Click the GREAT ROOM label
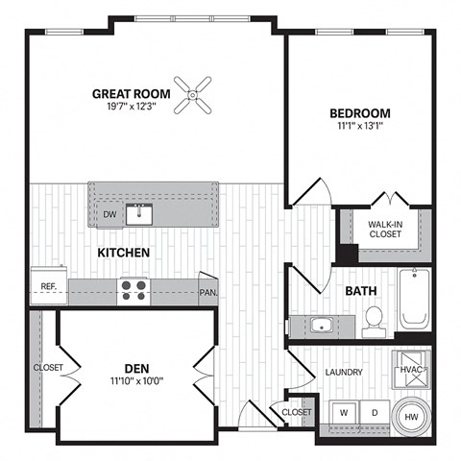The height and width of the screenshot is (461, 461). coord(131,93)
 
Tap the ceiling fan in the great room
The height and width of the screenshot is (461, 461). coord(195,94)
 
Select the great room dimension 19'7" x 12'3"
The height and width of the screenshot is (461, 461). coord(131,108)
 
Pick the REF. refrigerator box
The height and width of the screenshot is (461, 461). coord(48,286)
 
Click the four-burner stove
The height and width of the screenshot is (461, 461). coord(133,290)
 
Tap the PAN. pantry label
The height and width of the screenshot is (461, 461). coord(206,292)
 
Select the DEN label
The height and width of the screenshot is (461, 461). coord(136,367)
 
